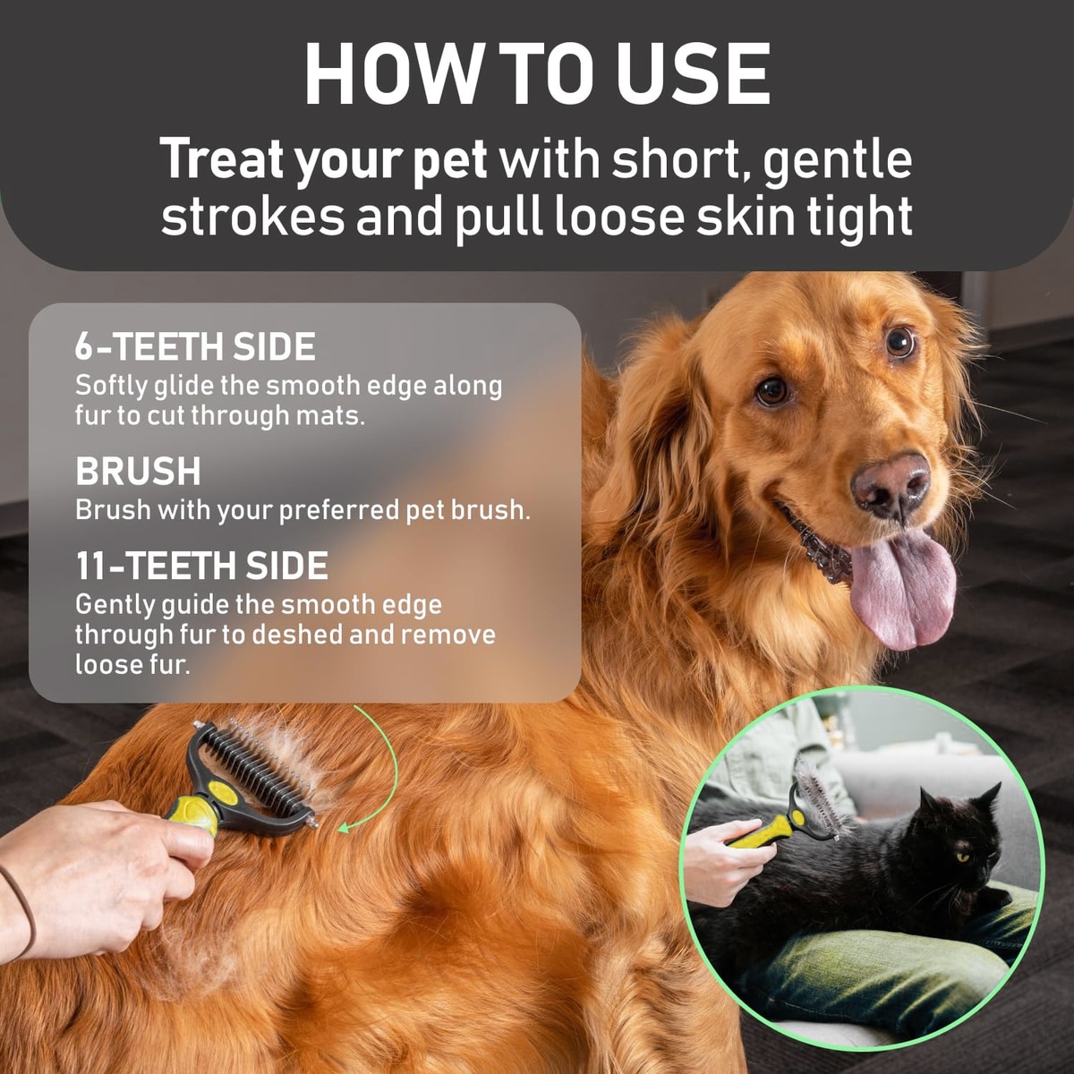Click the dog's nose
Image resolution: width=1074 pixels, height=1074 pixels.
pos(890,485)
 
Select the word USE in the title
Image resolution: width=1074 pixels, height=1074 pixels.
pos(693,73)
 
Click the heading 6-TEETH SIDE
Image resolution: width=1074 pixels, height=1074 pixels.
pos(195,346)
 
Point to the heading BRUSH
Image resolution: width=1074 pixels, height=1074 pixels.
pos(138,471)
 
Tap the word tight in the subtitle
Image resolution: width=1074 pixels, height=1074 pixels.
pos(857,218)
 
